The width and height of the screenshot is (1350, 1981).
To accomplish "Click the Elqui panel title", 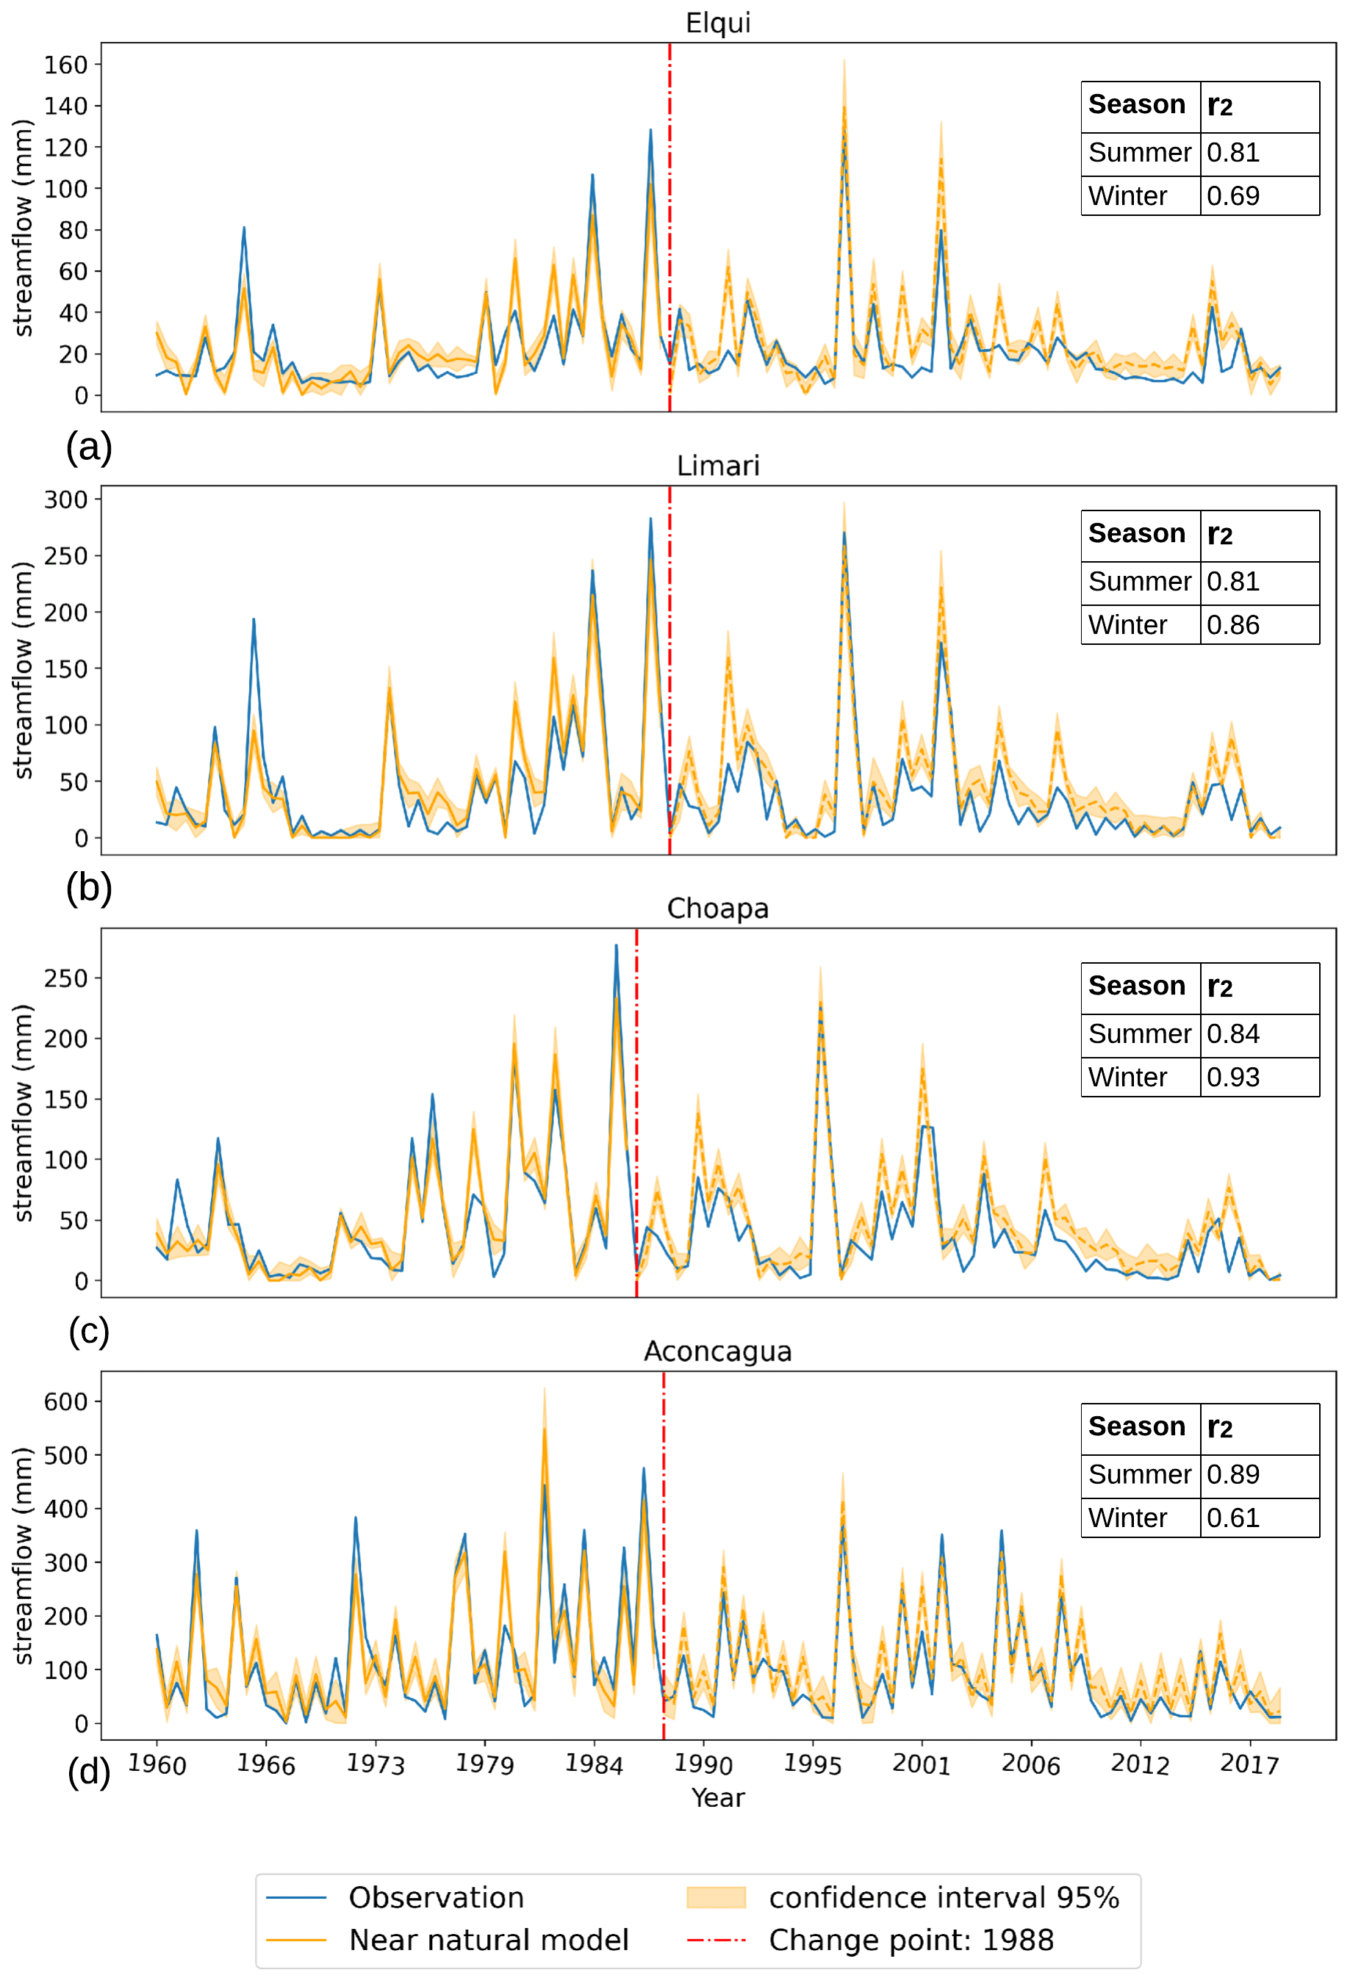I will pyautogui.click(x=717, y=23).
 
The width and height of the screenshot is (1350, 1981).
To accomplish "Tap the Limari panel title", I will pyautogui.click(x=717, y=466).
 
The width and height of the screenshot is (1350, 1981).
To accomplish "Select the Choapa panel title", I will pyautogui.click(x=717, y=908).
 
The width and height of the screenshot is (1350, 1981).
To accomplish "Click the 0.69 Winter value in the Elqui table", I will pyautogui.click(x=1232, y=196).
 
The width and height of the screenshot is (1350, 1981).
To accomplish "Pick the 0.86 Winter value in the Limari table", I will pyautogui.click(x=1232, y=625).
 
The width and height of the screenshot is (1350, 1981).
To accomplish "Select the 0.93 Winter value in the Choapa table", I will pyautogui.click(x=1232, y=1077).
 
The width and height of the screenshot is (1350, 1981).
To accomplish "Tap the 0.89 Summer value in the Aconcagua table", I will pyautogui.click(x=1232, y=1474).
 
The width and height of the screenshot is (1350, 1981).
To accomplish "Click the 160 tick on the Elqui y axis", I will pyautogui.click(x=67, y=65).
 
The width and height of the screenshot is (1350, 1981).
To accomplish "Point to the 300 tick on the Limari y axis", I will pyautogui.click(x=67, y=499).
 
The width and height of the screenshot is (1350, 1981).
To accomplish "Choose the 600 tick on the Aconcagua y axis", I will pyautogui.click(x=67, y=1401).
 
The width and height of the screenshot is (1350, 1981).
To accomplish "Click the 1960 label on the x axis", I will pyautogui.click(x=157, y=1764).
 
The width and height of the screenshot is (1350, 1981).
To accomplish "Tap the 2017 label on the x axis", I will pyautogui.click(x=1249, y=1764).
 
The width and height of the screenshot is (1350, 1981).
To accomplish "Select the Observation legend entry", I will pyautogui.click(x=436, y=1897).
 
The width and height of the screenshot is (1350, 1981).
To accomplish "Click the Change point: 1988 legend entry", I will pyautogui.click(x=911, y=1940).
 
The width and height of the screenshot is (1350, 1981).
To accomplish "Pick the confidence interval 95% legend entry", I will pyautogui.click(x=943, y=1897).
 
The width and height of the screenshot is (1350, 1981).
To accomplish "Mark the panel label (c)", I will pyautogui.click(x=89, y=1331).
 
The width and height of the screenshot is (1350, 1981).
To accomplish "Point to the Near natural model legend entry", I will pyautogui.click(x=488, y=1940).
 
